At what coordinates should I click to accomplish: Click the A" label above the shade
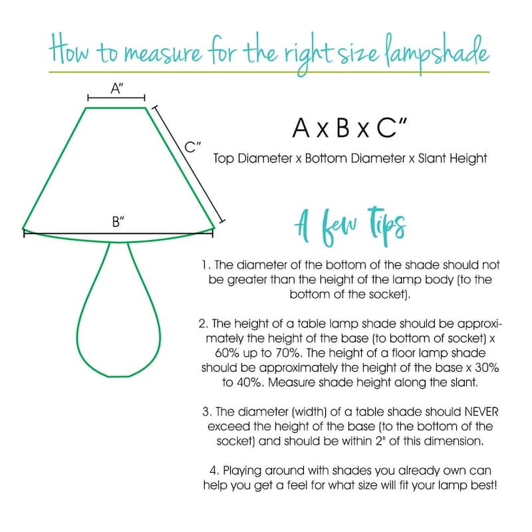(117, 88)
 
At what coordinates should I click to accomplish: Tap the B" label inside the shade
(118, 222)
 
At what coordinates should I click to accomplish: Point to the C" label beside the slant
(192, 147)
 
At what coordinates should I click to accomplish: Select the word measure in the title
(163, 55)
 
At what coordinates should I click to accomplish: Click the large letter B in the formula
(343, 128)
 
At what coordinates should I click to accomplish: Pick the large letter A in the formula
(301, 128)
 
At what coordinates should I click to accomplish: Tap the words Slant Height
(453, 158)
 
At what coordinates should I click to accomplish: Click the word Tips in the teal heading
(387, 225)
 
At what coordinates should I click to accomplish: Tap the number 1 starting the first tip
(205, 265)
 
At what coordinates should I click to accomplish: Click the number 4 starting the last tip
(213, 471)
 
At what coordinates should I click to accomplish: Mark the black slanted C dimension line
(189, 164)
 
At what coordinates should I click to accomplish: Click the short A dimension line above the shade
(116, 98)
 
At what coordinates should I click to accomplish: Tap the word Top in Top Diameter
(224, 159)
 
